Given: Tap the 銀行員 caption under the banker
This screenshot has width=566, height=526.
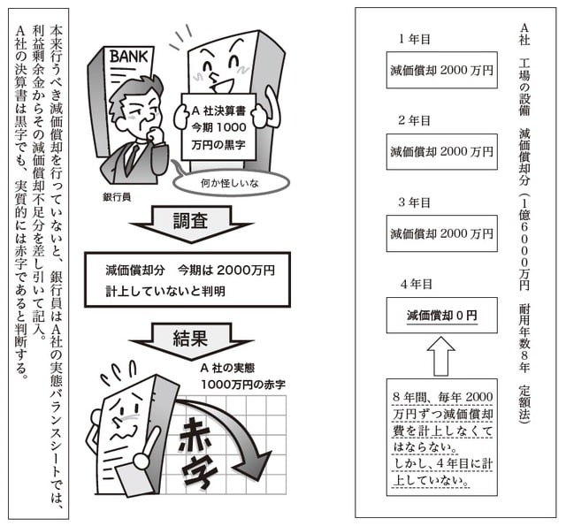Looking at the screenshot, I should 116,195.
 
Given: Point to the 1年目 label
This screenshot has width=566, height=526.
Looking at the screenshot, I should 414,39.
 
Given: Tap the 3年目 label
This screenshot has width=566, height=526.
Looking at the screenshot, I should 414,202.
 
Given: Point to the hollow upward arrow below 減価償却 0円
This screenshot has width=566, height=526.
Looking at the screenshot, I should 441,356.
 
